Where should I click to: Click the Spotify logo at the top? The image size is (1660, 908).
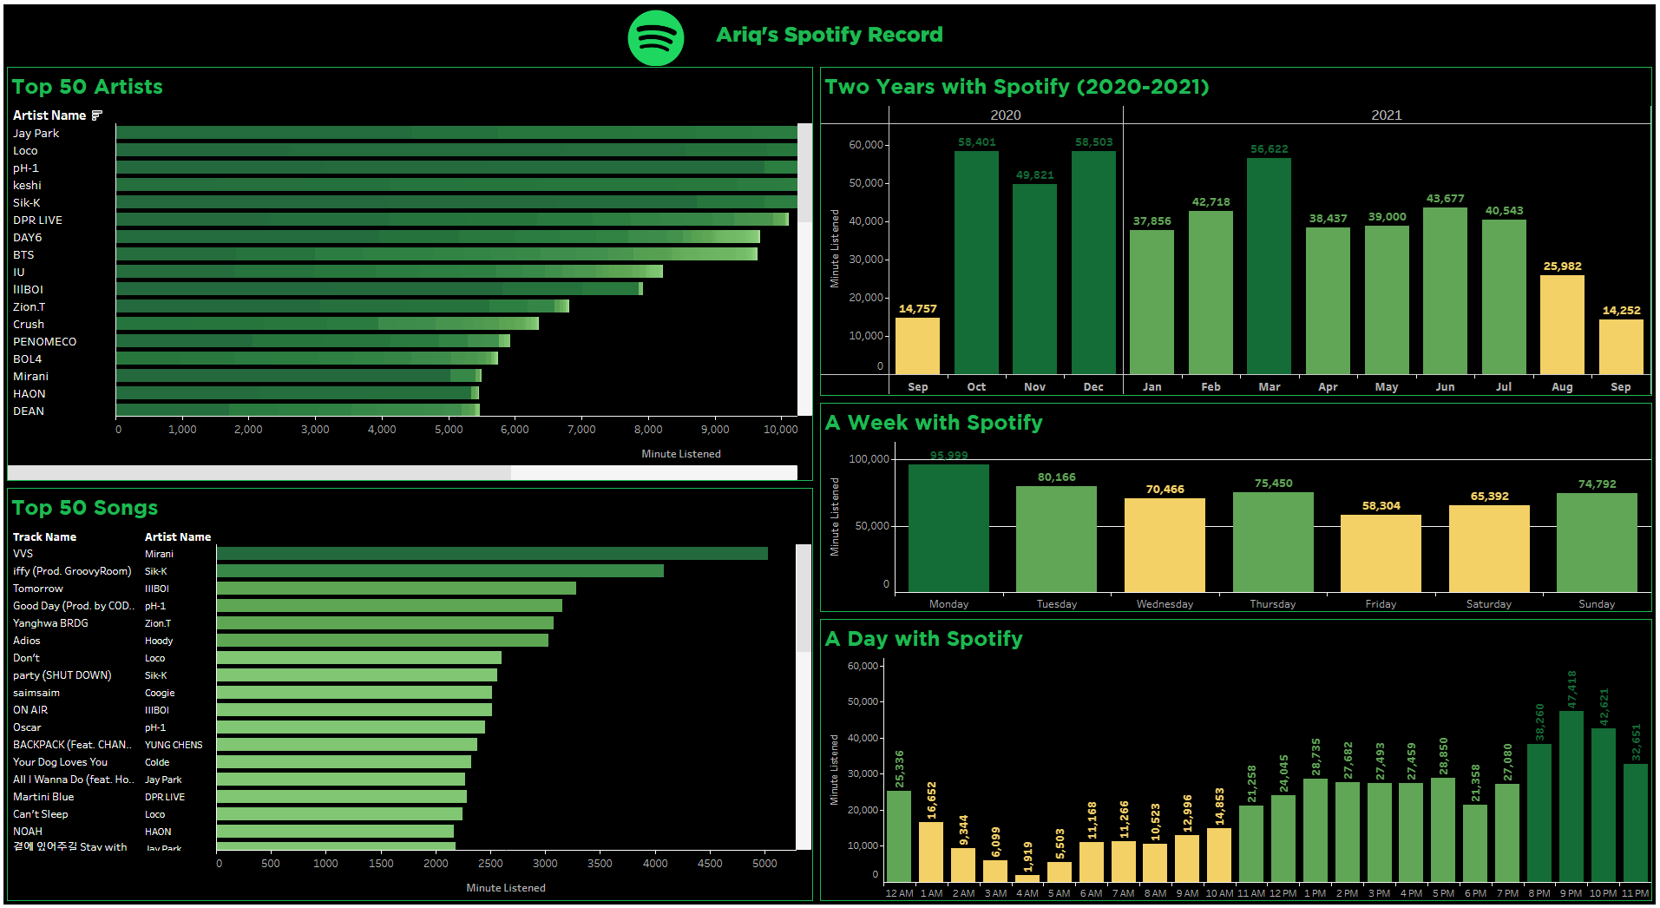(655, 38)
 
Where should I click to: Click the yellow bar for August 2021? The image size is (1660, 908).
(1562, 325)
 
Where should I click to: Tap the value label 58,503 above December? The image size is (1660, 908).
(1093, 142)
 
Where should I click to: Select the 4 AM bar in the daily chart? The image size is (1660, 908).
(1027, 878)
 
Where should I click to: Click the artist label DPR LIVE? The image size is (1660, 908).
(37, 220)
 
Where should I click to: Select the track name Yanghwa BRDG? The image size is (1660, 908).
(50, 623)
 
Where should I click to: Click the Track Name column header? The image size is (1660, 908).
(44, 537)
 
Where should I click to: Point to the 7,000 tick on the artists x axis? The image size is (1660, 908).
(581, 430)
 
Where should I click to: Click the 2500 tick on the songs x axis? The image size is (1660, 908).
(490, 864)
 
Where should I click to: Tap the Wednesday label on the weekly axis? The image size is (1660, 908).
(1165, 604)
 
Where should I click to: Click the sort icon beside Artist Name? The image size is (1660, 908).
(97, 115)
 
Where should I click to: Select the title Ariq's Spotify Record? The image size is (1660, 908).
(829, 35)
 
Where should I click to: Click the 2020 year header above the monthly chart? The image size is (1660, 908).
(1005, 115)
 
